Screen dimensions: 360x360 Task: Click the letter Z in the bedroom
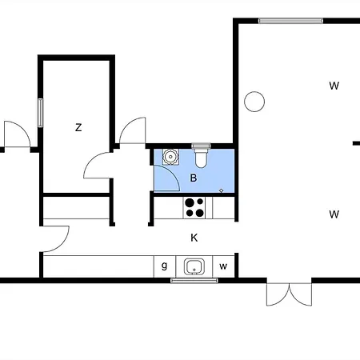(x=78, y=128)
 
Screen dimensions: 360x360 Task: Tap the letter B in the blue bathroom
(x=194, y=178)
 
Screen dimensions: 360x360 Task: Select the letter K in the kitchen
(x=194, y=238)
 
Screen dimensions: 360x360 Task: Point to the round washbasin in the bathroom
(x=170, y=157)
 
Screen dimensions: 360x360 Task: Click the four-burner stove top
(x=194, y=208)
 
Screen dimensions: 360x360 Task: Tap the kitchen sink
(x=194, y=266)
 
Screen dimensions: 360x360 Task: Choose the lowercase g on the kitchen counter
(x=164, y=266)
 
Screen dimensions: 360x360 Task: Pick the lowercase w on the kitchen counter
(x=223, y=266)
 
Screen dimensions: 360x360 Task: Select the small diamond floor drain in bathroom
(x=221, y=190)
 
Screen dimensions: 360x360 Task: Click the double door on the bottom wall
(x=290, y=294)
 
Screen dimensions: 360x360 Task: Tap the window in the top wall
(x=290, y=21)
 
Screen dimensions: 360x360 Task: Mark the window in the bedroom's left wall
(x=40, y=113)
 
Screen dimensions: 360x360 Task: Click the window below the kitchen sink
(x=194, y=280)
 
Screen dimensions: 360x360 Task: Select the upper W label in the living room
(x=334, y=86)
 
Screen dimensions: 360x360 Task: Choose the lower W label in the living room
(x=334, y=214)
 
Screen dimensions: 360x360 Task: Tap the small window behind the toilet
(x=201, y=146)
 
